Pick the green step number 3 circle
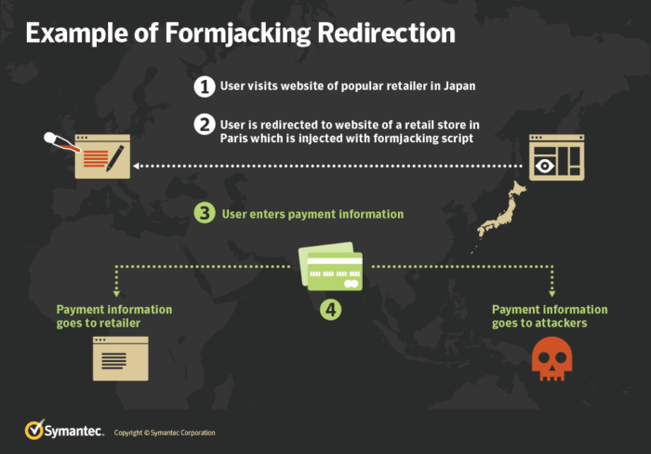pyautogui.click(x=205, y=213)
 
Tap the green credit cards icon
pyautogui.click(x=331, y=263)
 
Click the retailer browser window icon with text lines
pyautogui.click(x=119, y=359)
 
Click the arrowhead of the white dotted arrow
pyautogui.click(x=137, y=167)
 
